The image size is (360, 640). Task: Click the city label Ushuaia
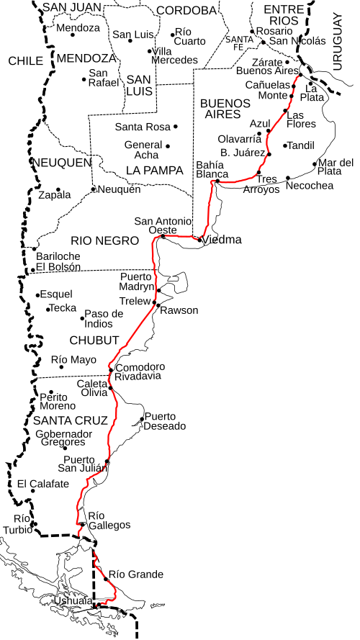pos(73,600)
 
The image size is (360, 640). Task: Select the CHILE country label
pos(26,61)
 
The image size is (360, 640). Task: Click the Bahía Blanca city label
pos(212,169)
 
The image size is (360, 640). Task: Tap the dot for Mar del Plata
pos(315,164)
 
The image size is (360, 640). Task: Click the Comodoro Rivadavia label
pos(140,371)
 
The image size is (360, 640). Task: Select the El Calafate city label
pos(43,484)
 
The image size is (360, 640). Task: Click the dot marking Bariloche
pos(35,249)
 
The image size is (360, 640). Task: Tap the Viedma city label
pos(222,240)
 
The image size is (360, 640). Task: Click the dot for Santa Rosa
pos(175,127)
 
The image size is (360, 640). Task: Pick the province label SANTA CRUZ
pos(70,420)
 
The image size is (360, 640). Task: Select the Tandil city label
pos(301,145)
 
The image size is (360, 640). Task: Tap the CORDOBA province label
pos(186,10)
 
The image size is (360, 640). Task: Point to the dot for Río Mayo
pos(61,367)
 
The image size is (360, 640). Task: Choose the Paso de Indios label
pos(104,318)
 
